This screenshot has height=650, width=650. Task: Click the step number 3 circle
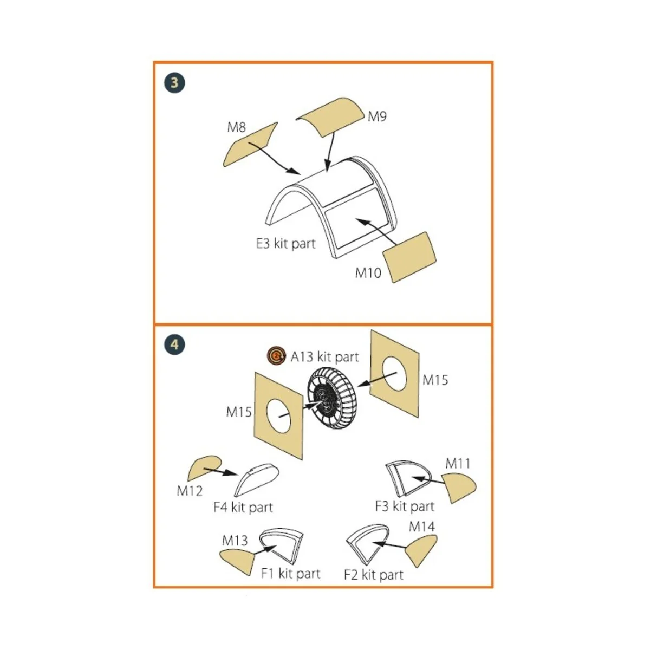(174, 83)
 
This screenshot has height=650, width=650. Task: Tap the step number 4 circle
(174, 344)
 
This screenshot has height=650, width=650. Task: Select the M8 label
(237, 127)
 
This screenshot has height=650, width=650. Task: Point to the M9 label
(377, 116)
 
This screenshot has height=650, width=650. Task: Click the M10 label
(368, 273)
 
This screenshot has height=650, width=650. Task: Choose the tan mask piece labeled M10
(409, 257)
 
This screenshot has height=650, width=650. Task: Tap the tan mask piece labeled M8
(250, 145)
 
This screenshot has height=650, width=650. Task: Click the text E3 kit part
(285, 244)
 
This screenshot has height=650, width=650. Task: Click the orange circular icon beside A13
(276, 355)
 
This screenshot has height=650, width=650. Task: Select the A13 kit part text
(325, 357)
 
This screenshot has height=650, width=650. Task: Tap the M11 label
(458, 464)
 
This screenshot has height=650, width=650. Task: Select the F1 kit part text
(290, 574)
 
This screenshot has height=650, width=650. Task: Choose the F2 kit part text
(373, 575)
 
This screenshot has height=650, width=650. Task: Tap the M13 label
(235, 541)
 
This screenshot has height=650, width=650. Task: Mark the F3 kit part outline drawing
(408, 478)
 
